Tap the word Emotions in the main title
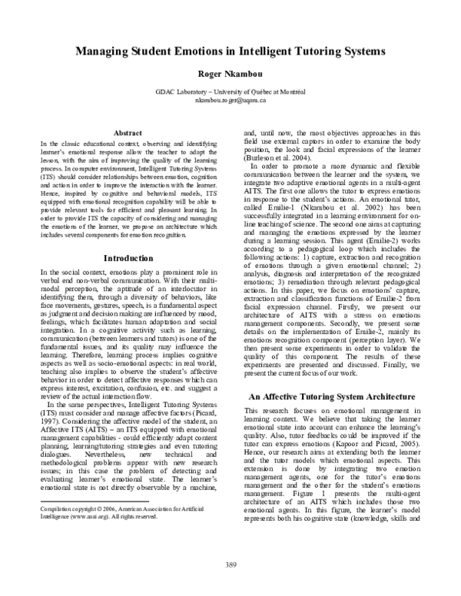pos(204,51)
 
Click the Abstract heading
pos(128,133)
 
